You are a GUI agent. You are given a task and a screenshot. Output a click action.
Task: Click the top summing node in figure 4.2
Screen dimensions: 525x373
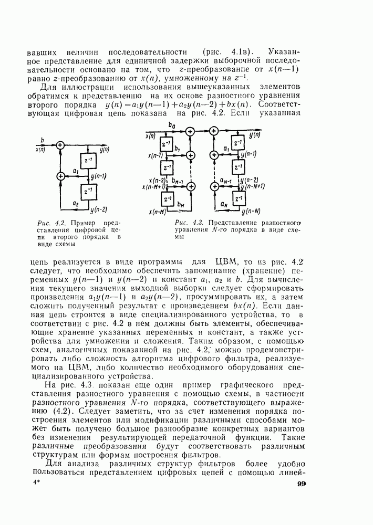[x=60, y=145]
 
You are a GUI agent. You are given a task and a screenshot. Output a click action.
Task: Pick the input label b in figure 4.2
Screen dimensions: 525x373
[x=43, y=140]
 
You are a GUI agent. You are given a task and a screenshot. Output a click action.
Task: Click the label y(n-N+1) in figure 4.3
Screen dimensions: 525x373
[x=253, y=186]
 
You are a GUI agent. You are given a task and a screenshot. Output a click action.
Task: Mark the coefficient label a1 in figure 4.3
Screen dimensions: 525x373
[x=226, y=149]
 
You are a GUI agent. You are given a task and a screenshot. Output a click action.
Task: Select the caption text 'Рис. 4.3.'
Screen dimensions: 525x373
[x=185, y=222]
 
